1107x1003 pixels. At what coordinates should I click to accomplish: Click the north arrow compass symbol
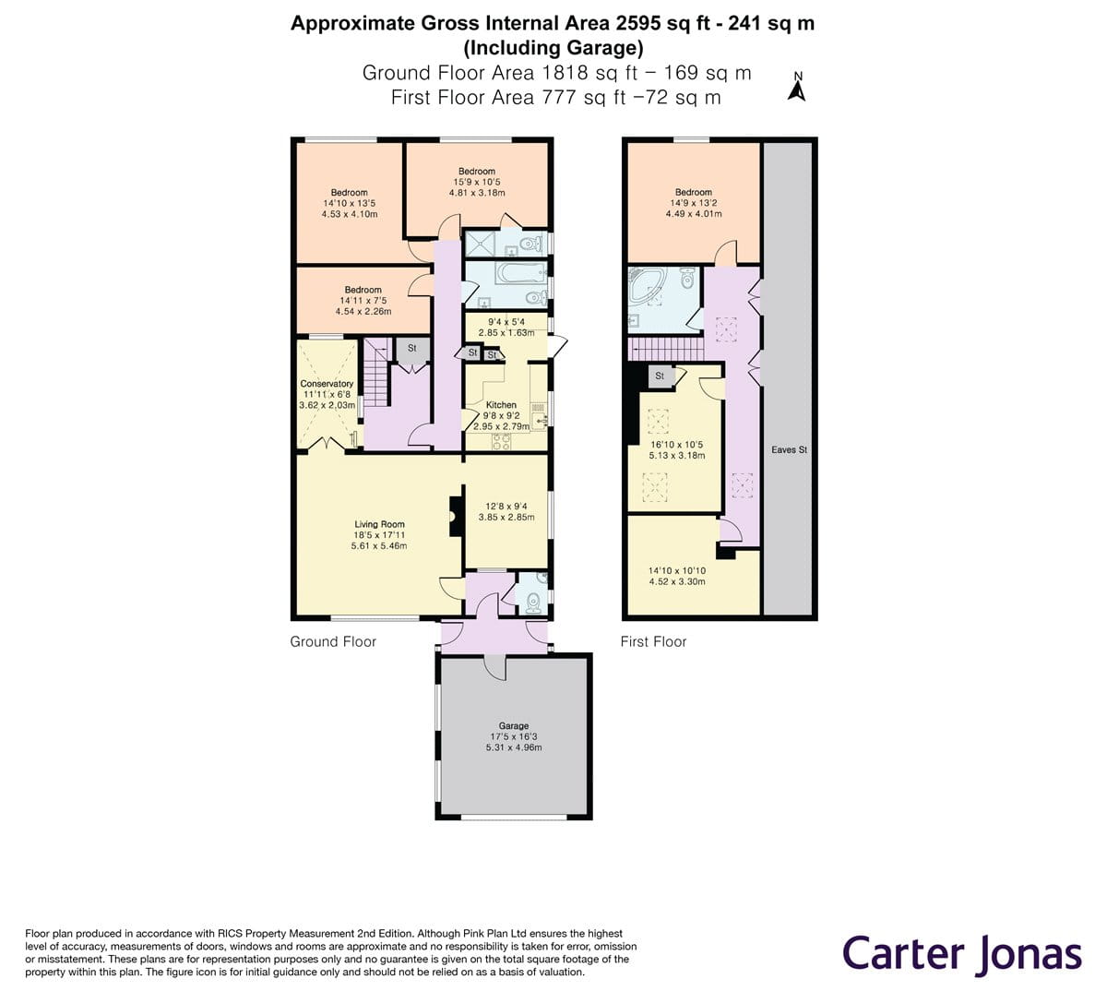point(796,88)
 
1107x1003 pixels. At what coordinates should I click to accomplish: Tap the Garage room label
point(513,726)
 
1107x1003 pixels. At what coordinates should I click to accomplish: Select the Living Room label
point(379,524)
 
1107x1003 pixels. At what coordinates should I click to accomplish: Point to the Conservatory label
point(327,384)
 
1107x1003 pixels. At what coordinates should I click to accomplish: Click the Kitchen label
point(501,405)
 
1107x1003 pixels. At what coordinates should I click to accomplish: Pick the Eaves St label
point(789,450)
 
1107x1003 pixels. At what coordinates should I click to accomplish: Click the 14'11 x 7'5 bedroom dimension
point(363,300)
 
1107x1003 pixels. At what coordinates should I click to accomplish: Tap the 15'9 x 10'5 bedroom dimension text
point(477,182)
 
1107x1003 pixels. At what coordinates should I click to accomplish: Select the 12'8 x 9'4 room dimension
point(506,507)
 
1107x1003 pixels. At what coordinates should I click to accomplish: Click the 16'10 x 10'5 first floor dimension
point(676,445)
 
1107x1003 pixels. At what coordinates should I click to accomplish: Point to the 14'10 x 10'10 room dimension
point(676,570)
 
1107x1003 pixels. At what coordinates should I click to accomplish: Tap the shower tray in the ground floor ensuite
point(481,244)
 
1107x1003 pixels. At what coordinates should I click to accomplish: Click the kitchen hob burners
point(502,442)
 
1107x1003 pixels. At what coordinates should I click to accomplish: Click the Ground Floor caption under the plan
point(333,641)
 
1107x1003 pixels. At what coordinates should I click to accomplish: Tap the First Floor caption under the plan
point(653,641)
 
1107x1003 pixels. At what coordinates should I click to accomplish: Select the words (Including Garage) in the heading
point(553,48)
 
